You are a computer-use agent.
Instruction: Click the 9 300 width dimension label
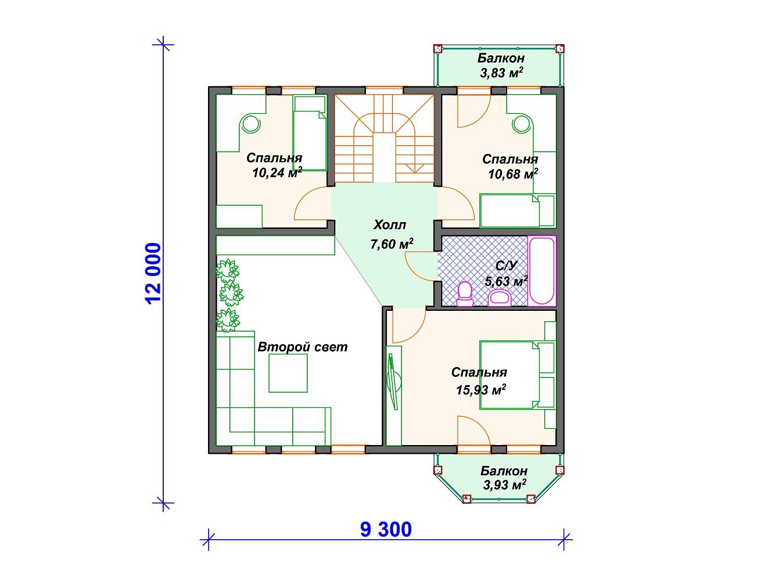click(386, 529)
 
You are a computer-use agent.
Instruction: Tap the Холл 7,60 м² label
click(391, 234)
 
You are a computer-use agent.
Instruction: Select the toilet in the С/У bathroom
click(465, 293)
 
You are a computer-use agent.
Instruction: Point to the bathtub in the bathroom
click(541, 271)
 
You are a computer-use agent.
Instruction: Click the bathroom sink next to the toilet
click(500, 297)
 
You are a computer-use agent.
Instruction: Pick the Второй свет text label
click(303, 347)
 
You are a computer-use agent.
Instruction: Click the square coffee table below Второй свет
click(288, 373)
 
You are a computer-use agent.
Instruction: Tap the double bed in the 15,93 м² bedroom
click(516, 375)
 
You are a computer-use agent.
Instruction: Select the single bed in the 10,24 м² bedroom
click(309, 134)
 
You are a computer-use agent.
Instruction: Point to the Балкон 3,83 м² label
click(501, 65)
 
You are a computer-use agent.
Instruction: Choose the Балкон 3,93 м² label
click(504, 478)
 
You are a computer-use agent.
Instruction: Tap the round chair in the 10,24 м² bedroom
click(250, 123)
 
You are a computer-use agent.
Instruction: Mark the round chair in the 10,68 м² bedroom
click(522, 124)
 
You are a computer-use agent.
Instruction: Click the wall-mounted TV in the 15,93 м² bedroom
click(394, 382)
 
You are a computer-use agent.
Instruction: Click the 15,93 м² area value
click(481, 390)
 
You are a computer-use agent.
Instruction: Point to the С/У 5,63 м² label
click(507, 274)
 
